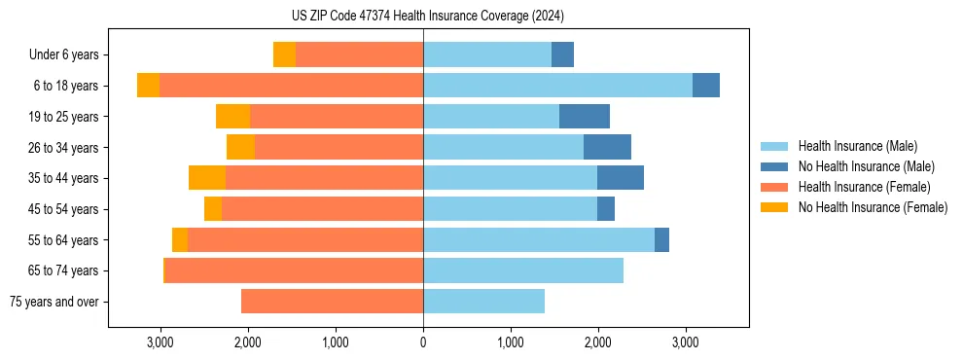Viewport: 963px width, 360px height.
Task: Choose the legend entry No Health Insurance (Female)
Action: (873, 207)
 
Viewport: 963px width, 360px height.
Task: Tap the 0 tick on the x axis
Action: (423, 342)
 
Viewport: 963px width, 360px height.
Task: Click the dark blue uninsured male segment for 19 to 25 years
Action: (585, 117)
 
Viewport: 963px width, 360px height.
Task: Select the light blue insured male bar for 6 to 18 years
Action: (557, 86)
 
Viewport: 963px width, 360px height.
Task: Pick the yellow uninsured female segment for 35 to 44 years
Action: (207, 178)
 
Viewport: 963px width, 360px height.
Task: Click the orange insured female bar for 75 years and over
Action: (332, 302)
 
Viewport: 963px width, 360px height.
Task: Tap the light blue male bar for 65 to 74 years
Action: (523, 270)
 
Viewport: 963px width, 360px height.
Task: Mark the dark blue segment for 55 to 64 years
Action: (661, 240)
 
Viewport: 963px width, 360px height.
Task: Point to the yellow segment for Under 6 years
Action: (284, 55)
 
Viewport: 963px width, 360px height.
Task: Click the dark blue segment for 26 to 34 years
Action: (607, 148)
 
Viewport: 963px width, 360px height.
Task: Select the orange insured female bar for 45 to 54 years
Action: (322, 209)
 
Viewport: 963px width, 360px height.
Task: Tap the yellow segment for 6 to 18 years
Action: (148, 86)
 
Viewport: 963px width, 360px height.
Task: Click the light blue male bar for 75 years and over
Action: (483, 302)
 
